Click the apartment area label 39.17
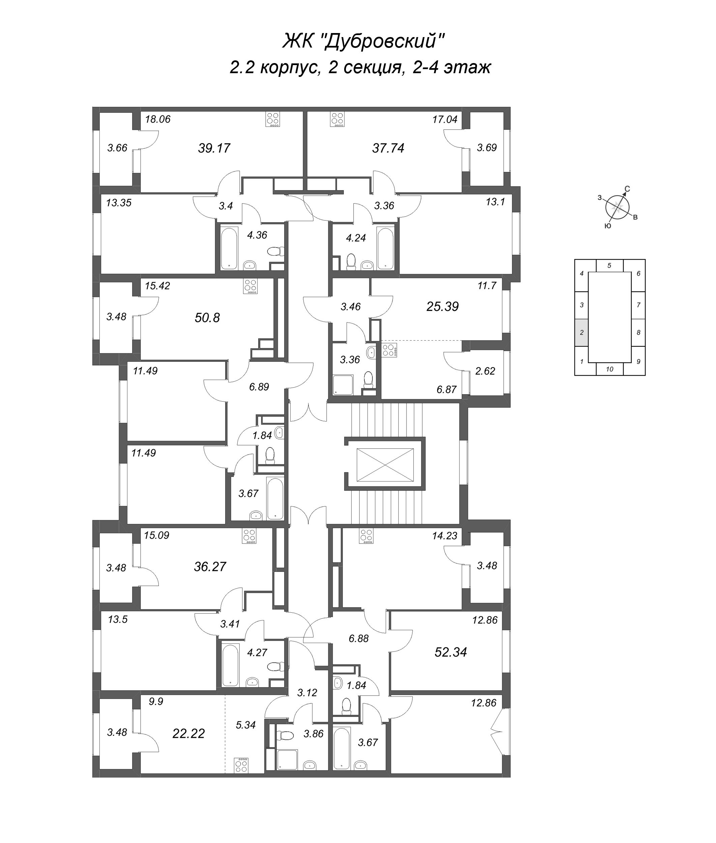tap(214, 148)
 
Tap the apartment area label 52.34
tap(451, 652)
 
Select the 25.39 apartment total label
tap(442, 306)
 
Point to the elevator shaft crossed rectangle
tap(385, 465)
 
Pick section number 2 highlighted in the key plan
tap(581, 332)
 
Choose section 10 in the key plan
tap(609, 369)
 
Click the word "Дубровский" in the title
tap(384, 41)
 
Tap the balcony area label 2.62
tap(485, 371)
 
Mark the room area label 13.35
tap(119, 203)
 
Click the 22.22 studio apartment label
tap(188, 733)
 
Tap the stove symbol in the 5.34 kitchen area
tap(241, 765)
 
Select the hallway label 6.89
tap(259, 386)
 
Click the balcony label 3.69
tap(487, 147)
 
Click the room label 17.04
tap(445, 119)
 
